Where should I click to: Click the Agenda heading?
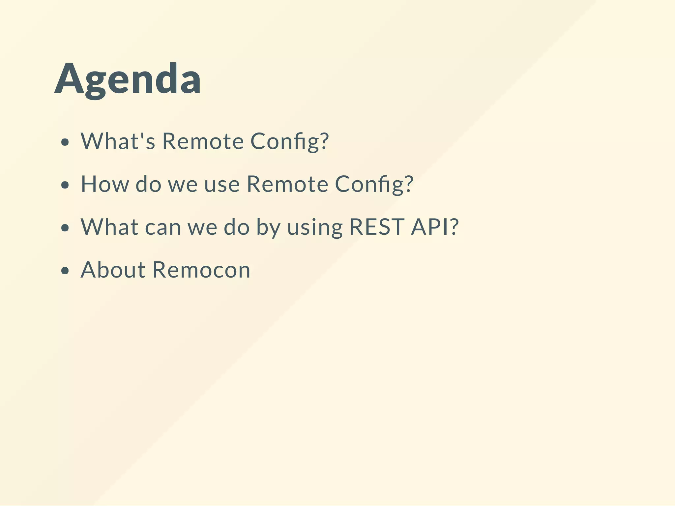pos(128,80)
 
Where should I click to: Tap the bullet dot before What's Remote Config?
pos(65,142)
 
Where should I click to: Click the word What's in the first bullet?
pos(118,141)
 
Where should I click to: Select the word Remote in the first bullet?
pos(203,141)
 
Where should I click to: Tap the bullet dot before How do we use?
pos(65,185)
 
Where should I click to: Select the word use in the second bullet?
pos(222,185)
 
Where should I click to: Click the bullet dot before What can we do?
pos(65,228)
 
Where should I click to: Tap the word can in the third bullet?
pos(163,227)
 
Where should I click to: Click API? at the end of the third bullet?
pos(435,227)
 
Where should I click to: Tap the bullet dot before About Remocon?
pos(65,271)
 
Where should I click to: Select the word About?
pos(113,270)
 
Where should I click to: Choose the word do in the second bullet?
pos(148,184)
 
